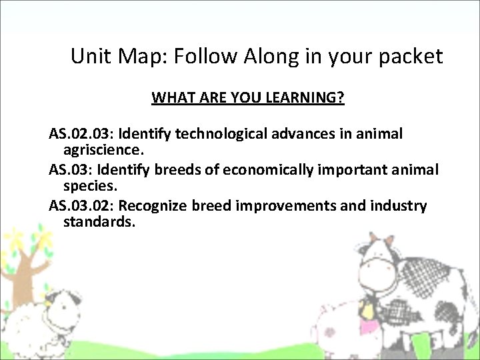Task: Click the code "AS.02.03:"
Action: click(81, 134)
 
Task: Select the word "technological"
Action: click(223, 134)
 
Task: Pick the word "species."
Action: click(89, 185)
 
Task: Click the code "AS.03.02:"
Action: click(81, 205)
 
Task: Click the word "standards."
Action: click(99, 221)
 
